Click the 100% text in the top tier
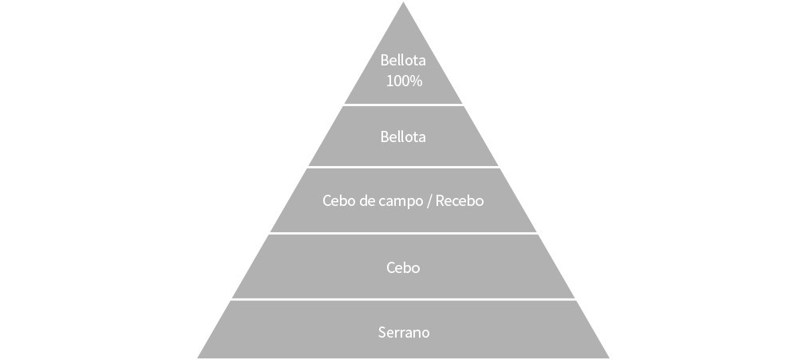click(x=403, y=81)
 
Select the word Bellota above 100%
click(x=403, y=60)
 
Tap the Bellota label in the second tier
click(x=403, y=136)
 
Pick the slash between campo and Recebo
click(x=429, y=201)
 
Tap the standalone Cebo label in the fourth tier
click(x=403, y=267)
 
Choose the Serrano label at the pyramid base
click(x=403, y=332)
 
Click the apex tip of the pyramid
click(x=403, y=4)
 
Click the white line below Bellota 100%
click(x=403, y=105)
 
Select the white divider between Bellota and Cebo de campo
click(x=403, y=167)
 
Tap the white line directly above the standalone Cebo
click(x=403, y=233)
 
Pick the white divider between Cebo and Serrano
click(x=403, y=299)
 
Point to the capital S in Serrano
click(x=381, y=332)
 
